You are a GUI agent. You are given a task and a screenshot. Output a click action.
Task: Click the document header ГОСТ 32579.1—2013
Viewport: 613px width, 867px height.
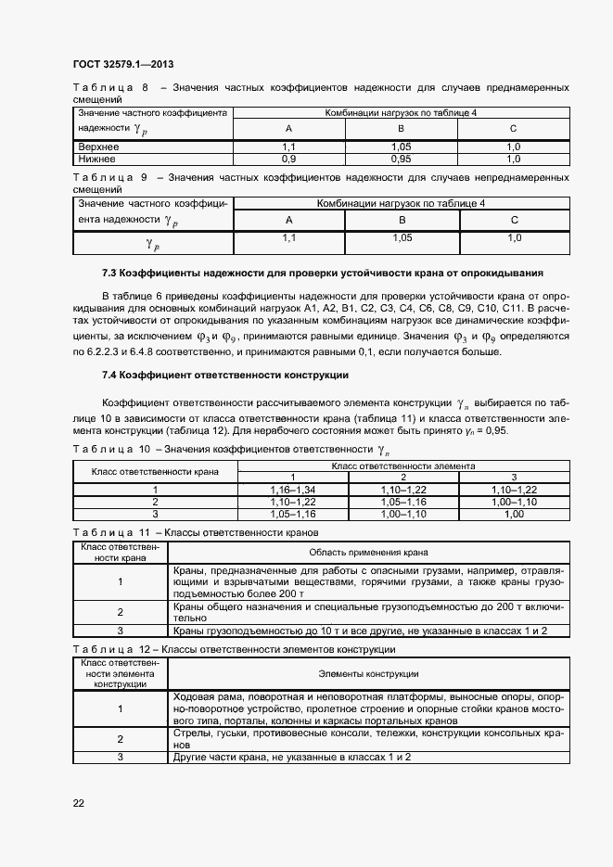[122, 65]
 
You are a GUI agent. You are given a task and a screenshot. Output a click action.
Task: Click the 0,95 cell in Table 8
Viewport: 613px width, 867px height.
[401, 159]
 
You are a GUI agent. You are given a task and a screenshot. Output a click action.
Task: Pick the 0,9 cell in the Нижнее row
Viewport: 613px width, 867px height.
[288, 159]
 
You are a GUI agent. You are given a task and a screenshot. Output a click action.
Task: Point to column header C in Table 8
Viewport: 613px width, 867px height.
[513, 128]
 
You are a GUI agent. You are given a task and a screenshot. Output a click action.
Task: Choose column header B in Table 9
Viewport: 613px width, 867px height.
[402, 220]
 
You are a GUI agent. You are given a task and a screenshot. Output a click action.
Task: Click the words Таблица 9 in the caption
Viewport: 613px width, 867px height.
[109, 176]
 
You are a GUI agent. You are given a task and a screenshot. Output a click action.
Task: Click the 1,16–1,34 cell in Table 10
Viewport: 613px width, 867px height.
[293, 489]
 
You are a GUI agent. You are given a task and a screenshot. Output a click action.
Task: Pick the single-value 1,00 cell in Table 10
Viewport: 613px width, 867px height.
[514, 513]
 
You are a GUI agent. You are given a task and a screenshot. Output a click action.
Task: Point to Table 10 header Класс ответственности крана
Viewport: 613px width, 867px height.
[155, 471]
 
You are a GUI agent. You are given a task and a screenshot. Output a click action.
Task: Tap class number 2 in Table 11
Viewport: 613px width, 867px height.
[121, 611]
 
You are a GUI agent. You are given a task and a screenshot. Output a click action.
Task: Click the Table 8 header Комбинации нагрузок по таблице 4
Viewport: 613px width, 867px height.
[402, 111]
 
